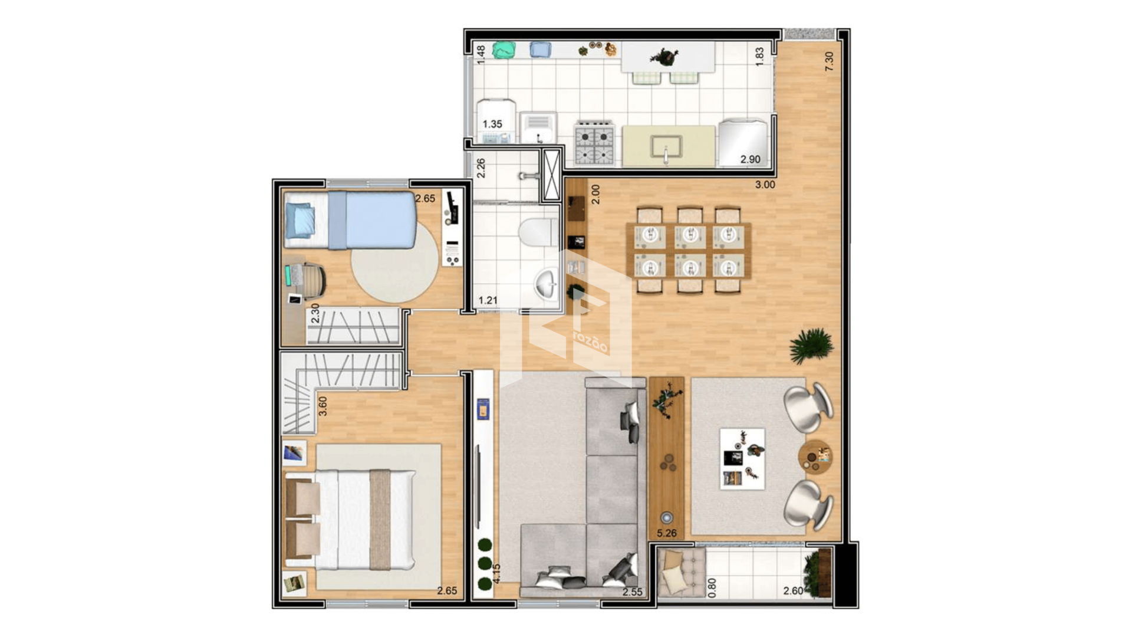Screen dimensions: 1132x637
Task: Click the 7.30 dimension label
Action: [829, 61]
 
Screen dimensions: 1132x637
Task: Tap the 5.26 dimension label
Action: [667, 533]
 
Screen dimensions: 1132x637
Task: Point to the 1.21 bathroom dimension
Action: [488, 300]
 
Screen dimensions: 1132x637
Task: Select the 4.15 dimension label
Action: [496, 573]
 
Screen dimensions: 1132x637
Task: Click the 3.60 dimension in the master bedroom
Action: [323, 406]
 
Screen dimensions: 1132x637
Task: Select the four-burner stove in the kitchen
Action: [594, 143]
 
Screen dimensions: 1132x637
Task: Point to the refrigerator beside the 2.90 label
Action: [743, 142]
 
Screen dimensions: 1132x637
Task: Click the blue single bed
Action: [350, 220]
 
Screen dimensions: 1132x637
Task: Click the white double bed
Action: [350, 520]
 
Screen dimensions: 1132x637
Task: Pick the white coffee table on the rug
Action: [743, 459]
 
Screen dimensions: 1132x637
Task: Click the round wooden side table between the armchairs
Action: [815, 457]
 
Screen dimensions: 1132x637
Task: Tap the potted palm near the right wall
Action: [811, 346]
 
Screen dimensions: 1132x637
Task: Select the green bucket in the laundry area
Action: [504, 50]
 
